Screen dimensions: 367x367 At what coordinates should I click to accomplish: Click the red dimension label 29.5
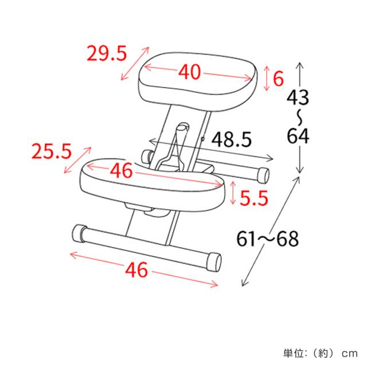(x=107, y=53)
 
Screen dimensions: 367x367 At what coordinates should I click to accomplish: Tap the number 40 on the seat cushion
(x=190, y=72)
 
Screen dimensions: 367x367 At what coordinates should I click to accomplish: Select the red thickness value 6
(x=278, y=79)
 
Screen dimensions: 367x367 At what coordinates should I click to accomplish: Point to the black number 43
(x=298, y=97)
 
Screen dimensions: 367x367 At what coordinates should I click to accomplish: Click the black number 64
(x=298, y=136)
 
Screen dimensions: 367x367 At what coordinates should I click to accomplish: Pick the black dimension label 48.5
(x=232, y=139)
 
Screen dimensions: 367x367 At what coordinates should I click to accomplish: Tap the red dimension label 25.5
(x=52, y=151)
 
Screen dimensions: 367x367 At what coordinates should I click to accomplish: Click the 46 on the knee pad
(x=121, y=170)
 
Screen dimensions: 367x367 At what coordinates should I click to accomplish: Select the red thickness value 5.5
(x=253, y=198)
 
